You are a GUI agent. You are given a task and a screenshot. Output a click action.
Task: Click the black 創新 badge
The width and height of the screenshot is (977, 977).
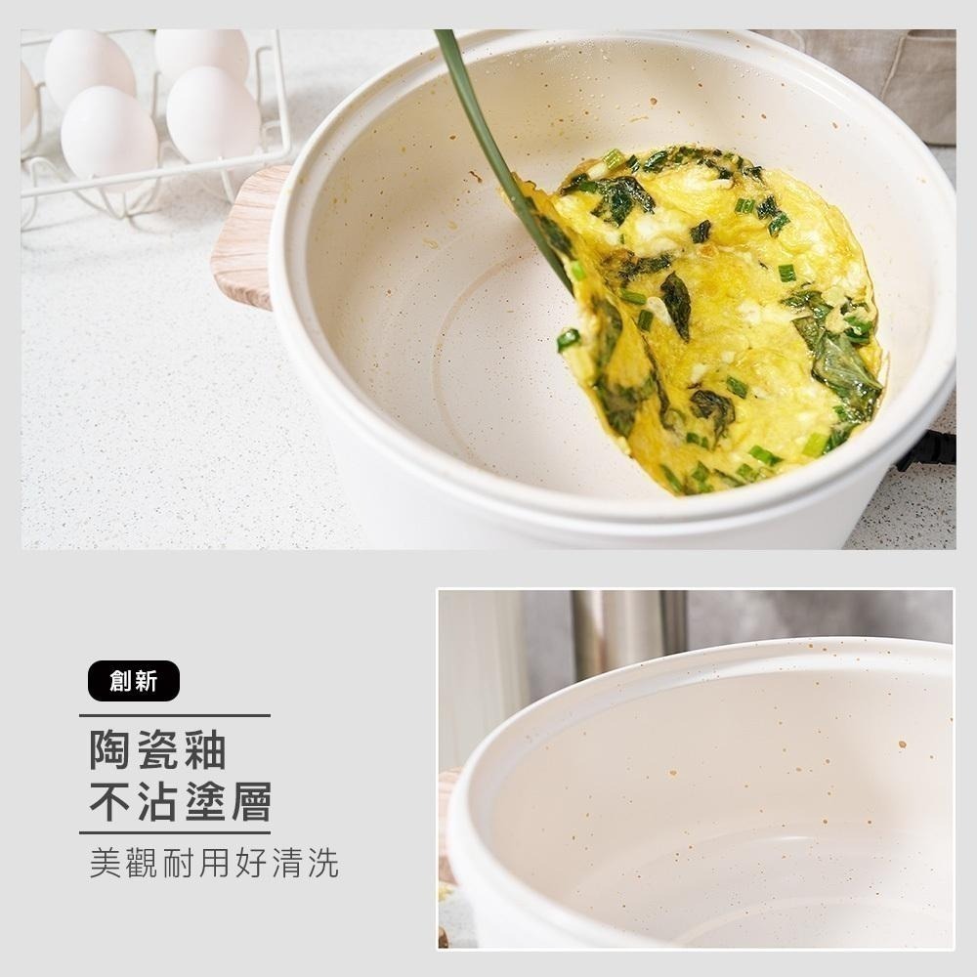pos(134,681)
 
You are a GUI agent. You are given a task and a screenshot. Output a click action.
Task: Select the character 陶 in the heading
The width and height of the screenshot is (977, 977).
pos(111,750)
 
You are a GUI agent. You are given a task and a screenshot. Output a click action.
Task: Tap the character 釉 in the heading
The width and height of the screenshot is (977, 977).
pos(204,750)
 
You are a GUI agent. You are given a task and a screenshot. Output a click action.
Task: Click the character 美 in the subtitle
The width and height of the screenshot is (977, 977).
pos(105,864)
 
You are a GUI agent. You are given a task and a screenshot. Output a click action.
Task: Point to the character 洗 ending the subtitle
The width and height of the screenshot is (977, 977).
pos(322,864)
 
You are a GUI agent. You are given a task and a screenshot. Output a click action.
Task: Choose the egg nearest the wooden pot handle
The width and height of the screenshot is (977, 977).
pos(212,114)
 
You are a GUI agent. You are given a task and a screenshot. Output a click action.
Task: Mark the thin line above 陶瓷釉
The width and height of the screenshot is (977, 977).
pos(175,716)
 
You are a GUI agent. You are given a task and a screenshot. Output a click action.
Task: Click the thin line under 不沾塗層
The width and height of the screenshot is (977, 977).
pos(175,833)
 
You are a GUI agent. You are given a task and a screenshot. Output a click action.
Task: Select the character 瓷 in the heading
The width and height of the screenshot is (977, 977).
pos(157,750)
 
